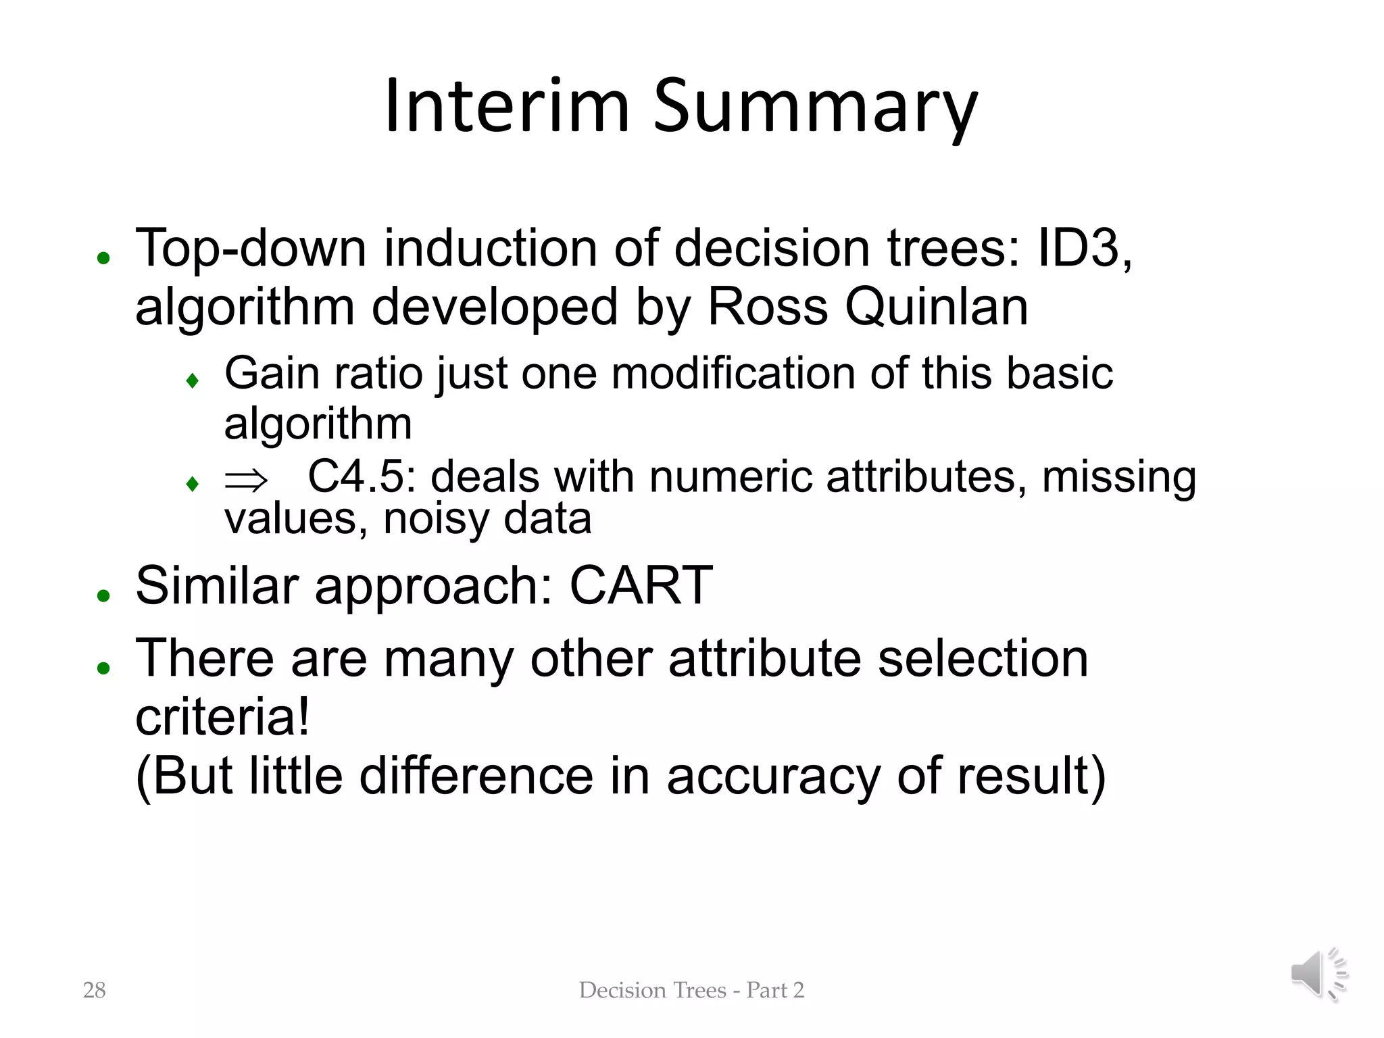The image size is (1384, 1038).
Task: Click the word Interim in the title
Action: tap(507, 107)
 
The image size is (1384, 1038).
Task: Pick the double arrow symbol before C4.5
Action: tap(246, 480)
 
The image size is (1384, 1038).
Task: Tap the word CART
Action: tap(641, 585)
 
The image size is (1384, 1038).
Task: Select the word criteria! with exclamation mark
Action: tap(223, 717)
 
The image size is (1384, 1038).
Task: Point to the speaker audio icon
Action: tap(1318, 974)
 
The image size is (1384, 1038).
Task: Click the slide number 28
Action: tap(94, 990)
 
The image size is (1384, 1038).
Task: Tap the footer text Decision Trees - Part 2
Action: tap(691, 990)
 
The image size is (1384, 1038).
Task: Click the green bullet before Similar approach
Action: tap(103, 595)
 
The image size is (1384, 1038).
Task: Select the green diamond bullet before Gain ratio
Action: tap(193, 381)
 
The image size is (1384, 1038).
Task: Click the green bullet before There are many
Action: tap(103, 668)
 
